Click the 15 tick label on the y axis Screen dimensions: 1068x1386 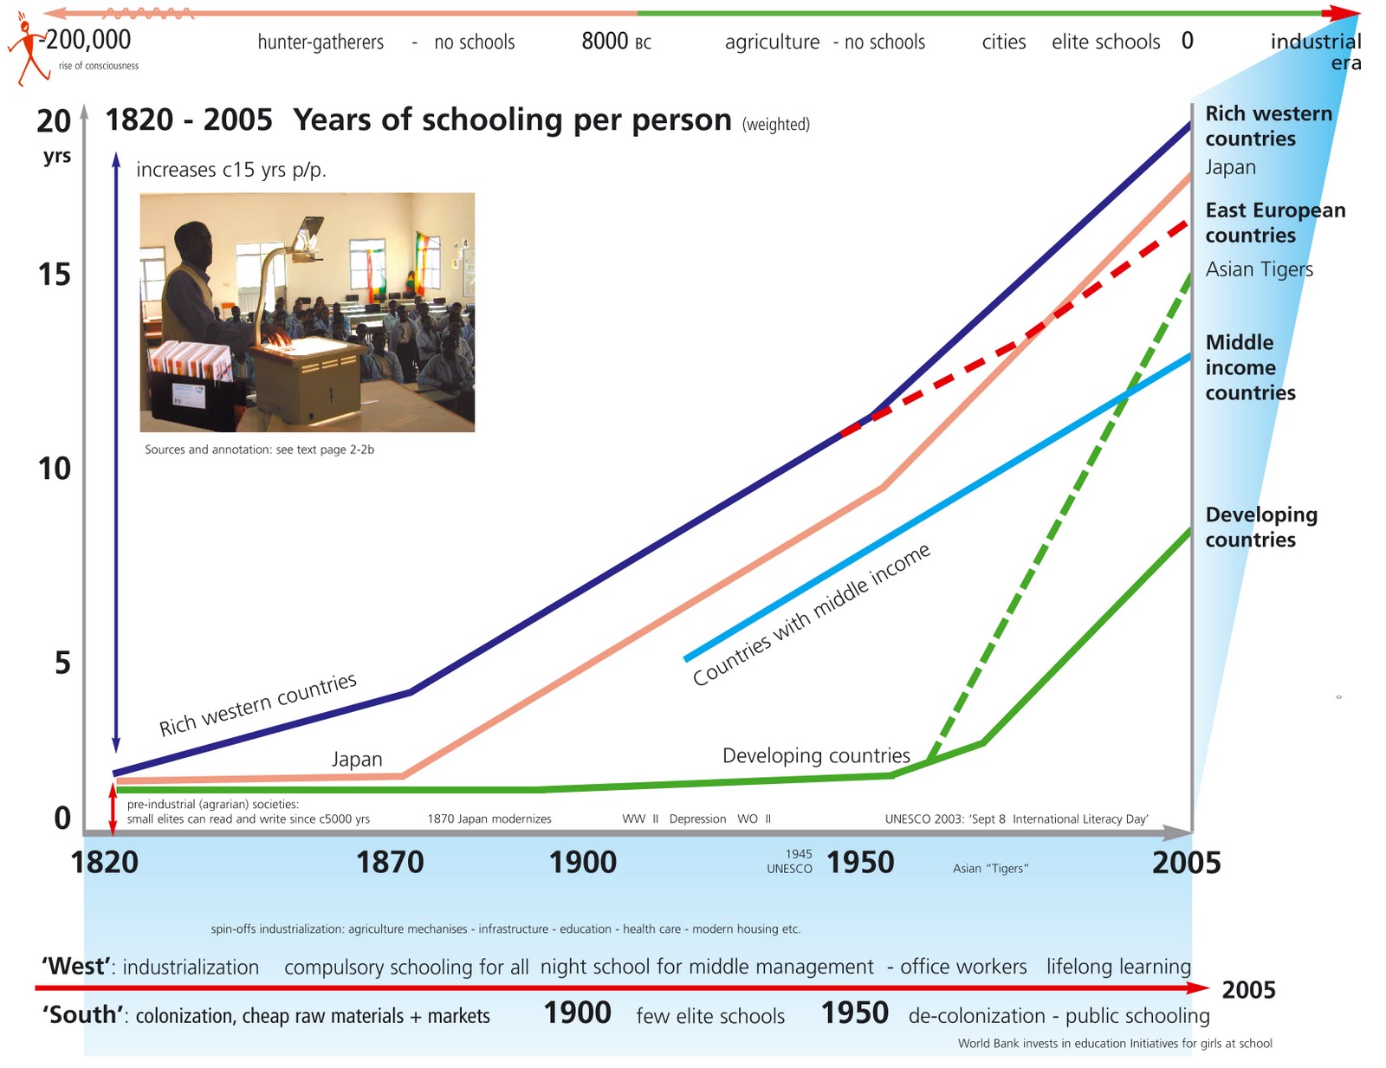pos(54,275)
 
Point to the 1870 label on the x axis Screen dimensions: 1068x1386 pos(390,863)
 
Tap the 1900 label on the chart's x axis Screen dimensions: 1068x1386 pos(583,863)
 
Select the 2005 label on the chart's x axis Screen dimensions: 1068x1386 pos(1186,863)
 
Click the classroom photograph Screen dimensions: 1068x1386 pos(308,312)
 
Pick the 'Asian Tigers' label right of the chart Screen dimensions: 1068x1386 pos(1259,269)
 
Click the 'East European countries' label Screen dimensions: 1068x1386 pos(1274,223)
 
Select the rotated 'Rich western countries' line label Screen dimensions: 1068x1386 pos(257,704)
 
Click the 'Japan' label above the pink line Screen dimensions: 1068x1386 pos(357,760)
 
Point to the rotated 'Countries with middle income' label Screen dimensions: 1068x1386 pos(811,614)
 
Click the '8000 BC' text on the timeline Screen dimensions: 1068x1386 pos(616,42)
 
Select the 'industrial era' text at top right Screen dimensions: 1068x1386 pos(1316,52)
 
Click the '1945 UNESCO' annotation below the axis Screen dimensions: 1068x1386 pos(790,861)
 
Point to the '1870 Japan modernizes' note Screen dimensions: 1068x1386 pos(489,819)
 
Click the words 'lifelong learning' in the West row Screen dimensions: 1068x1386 pos(1117,967)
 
